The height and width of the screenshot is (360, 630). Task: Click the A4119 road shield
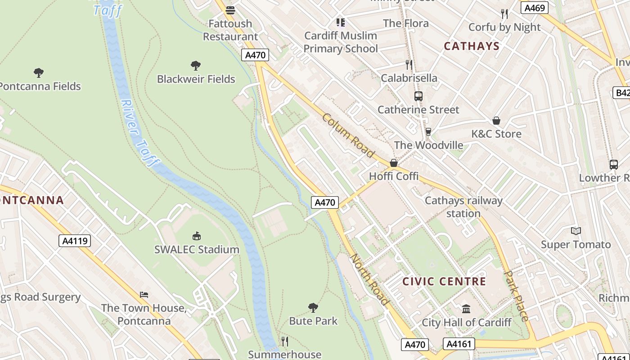[75, 241]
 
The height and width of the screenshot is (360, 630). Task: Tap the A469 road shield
[535, 8]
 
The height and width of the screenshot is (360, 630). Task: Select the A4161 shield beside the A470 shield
[459, 344]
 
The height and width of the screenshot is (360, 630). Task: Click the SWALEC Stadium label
[197, 249]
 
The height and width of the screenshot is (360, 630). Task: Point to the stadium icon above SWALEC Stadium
[197, 236]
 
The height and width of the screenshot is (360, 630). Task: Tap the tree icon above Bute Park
[313, 308]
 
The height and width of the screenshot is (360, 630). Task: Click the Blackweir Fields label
[196, 79]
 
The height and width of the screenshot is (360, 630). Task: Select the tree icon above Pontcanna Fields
[39, 72]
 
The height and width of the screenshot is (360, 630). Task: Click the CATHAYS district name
[472, 46]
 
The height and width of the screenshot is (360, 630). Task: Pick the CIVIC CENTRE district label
[444, 282]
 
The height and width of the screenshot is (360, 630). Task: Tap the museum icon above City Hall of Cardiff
[466, 309]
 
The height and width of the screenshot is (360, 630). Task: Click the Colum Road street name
[348, 135]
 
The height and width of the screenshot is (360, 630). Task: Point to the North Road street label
[369, 279]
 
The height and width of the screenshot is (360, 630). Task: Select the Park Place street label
[516, 296]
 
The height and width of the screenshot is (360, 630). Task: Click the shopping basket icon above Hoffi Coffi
[394, 163]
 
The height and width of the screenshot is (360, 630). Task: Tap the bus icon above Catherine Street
[418, 96]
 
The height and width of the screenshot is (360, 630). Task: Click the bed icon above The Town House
[144, 295]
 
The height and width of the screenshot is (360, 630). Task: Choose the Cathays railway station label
[463, 207]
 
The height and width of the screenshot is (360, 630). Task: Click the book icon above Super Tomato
[576, 231]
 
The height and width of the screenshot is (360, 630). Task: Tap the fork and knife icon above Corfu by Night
[504, 14]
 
